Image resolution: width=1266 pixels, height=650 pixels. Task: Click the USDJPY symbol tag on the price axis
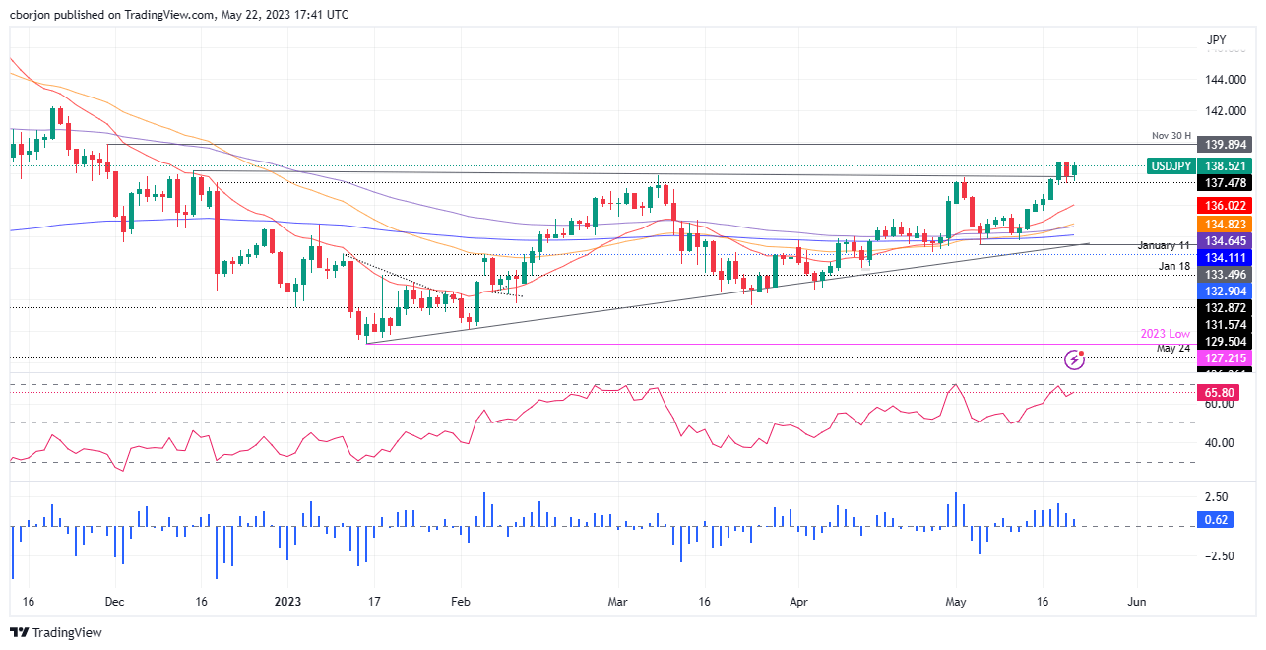(x=1173, y=167)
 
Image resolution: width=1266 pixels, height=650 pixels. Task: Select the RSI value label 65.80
(x=1214, y=393)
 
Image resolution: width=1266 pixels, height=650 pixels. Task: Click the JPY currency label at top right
(x=1217, y=39)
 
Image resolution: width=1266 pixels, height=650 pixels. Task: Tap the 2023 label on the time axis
(x=287, y=601)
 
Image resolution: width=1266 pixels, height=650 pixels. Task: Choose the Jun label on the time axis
(x=1136, y=601)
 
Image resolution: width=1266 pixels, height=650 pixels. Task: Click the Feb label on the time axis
(x=458, y=601)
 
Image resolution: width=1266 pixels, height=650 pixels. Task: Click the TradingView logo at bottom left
(x=56, y=632)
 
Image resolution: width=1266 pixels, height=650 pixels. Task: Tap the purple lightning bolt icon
(x=1075, y=359)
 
